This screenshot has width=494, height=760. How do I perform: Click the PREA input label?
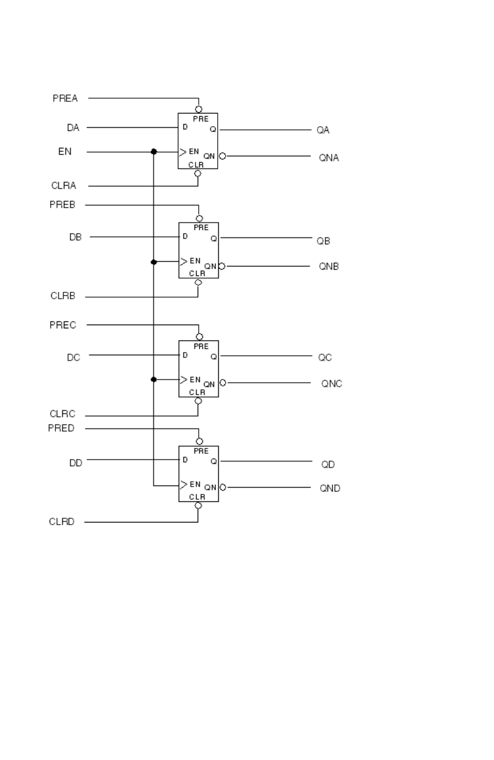[x=65, y=98]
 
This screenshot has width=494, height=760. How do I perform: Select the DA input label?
[x=73, y=128]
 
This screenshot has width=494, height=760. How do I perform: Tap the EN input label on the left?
[x=65, y=151]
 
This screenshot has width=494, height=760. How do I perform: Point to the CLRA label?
[x=63, y=185]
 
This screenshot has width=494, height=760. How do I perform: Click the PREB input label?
[x=62, y=205]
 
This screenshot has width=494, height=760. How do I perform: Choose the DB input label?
[x=75, y=237]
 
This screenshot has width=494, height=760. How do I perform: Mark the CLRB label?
[x=63, y=296]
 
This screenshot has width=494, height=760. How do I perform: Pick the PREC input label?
[x=63, y=325]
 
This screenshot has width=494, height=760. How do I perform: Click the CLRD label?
[x=62, y=521]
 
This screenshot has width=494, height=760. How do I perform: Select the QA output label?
[x=323, y=130]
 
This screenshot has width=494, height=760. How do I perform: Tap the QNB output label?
[x=328, y=266]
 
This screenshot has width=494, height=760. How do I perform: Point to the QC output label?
[x=325, y=357]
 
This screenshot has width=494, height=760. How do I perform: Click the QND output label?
[x=330, y=488]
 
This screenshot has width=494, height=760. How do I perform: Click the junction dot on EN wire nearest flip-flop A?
[x=154, y=151]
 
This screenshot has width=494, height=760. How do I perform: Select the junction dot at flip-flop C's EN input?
[x=154, y=379]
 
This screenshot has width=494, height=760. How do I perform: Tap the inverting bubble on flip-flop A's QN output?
[x=222, y=156]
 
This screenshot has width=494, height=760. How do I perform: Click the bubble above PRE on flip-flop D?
[x=199, y=441]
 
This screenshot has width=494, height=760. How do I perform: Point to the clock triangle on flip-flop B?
[x=183, y=261]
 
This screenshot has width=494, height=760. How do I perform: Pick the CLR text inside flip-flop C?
[x=197, y=392]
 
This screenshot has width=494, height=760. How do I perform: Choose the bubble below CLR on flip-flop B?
[x=198, y=282]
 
